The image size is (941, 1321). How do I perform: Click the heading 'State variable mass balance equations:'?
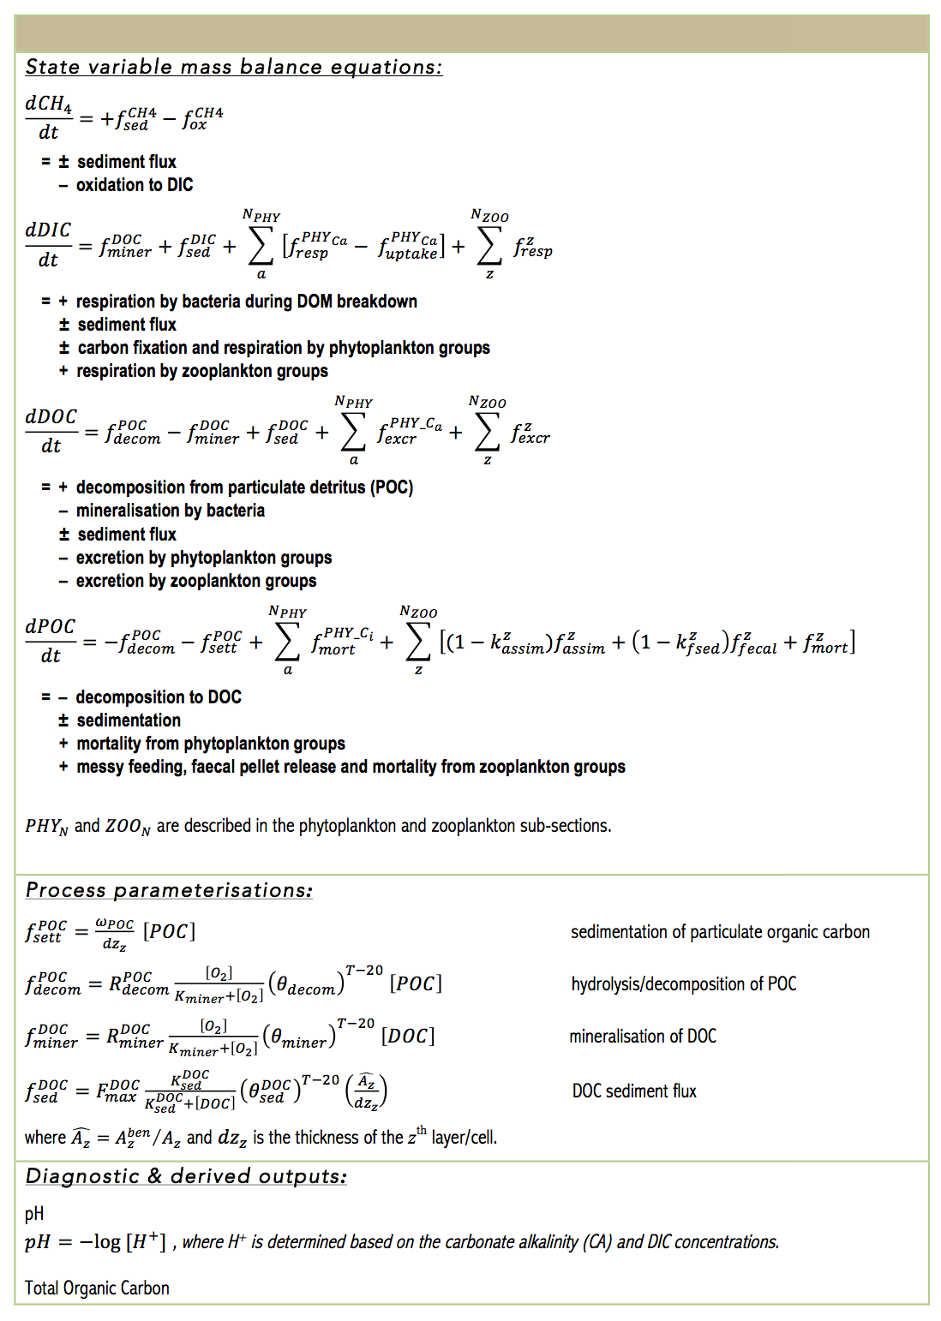[233, 67]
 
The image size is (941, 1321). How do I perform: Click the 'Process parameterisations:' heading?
[169, 890]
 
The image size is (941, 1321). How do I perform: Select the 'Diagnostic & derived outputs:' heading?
[186, 1176]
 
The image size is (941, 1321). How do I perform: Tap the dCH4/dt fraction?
[49, 117]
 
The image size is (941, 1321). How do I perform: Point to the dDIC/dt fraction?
[48, 245]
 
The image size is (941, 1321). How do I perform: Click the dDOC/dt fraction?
[51, 431]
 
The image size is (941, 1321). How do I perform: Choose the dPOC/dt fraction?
[51, 641]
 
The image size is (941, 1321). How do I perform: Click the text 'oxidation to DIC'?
[135, 185]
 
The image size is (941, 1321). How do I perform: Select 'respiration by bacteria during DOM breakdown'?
[247, 302]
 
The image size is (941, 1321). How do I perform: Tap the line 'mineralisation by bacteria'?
[171, 511]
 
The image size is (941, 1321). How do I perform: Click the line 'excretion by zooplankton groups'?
[196, 581]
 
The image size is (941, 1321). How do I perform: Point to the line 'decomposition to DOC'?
[159, 697]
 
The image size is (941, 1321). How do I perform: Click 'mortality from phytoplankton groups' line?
[211, 744]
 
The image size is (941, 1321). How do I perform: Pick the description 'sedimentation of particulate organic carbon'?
[720, 932]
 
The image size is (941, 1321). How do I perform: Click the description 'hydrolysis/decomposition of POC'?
[684, 983]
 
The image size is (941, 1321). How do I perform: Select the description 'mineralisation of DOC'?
[643, 1037]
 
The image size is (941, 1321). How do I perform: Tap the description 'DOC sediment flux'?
[634, 1091]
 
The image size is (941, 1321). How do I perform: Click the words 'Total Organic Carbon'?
[97, 1288]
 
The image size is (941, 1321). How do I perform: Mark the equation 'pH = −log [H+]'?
[95, 1241]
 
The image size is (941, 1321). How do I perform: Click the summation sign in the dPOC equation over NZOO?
[418, 642]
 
